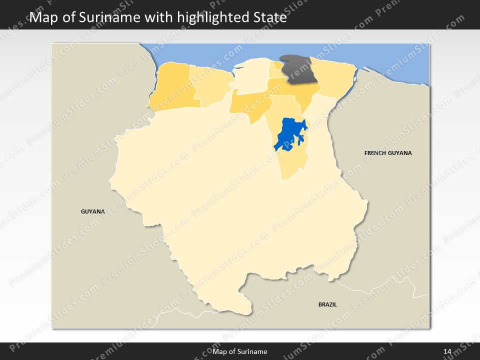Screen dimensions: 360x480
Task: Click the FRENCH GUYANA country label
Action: coord(388,153)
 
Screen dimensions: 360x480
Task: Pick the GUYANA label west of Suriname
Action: coord(93,211)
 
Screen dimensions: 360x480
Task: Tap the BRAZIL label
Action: coord(327,304)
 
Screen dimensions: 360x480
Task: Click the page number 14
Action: coord(447,351)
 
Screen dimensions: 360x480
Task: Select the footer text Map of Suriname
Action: coord(240,351)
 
